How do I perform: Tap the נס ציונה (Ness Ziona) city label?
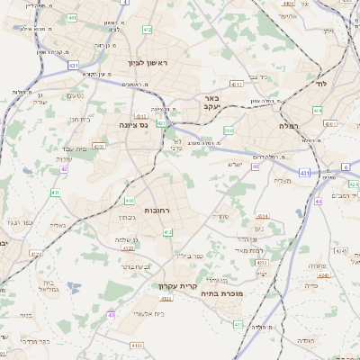(x=134, y=125)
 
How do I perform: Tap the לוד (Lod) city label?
(x=321, y=83)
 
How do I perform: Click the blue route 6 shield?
(x=346, y=167)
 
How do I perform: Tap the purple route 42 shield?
(x=64, y=168)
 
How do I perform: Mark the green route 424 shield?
(x=263, y=216)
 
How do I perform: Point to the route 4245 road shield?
(x=341, y=250)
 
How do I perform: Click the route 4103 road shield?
(x=137, y=345)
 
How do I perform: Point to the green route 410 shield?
(x=130, y=201)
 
